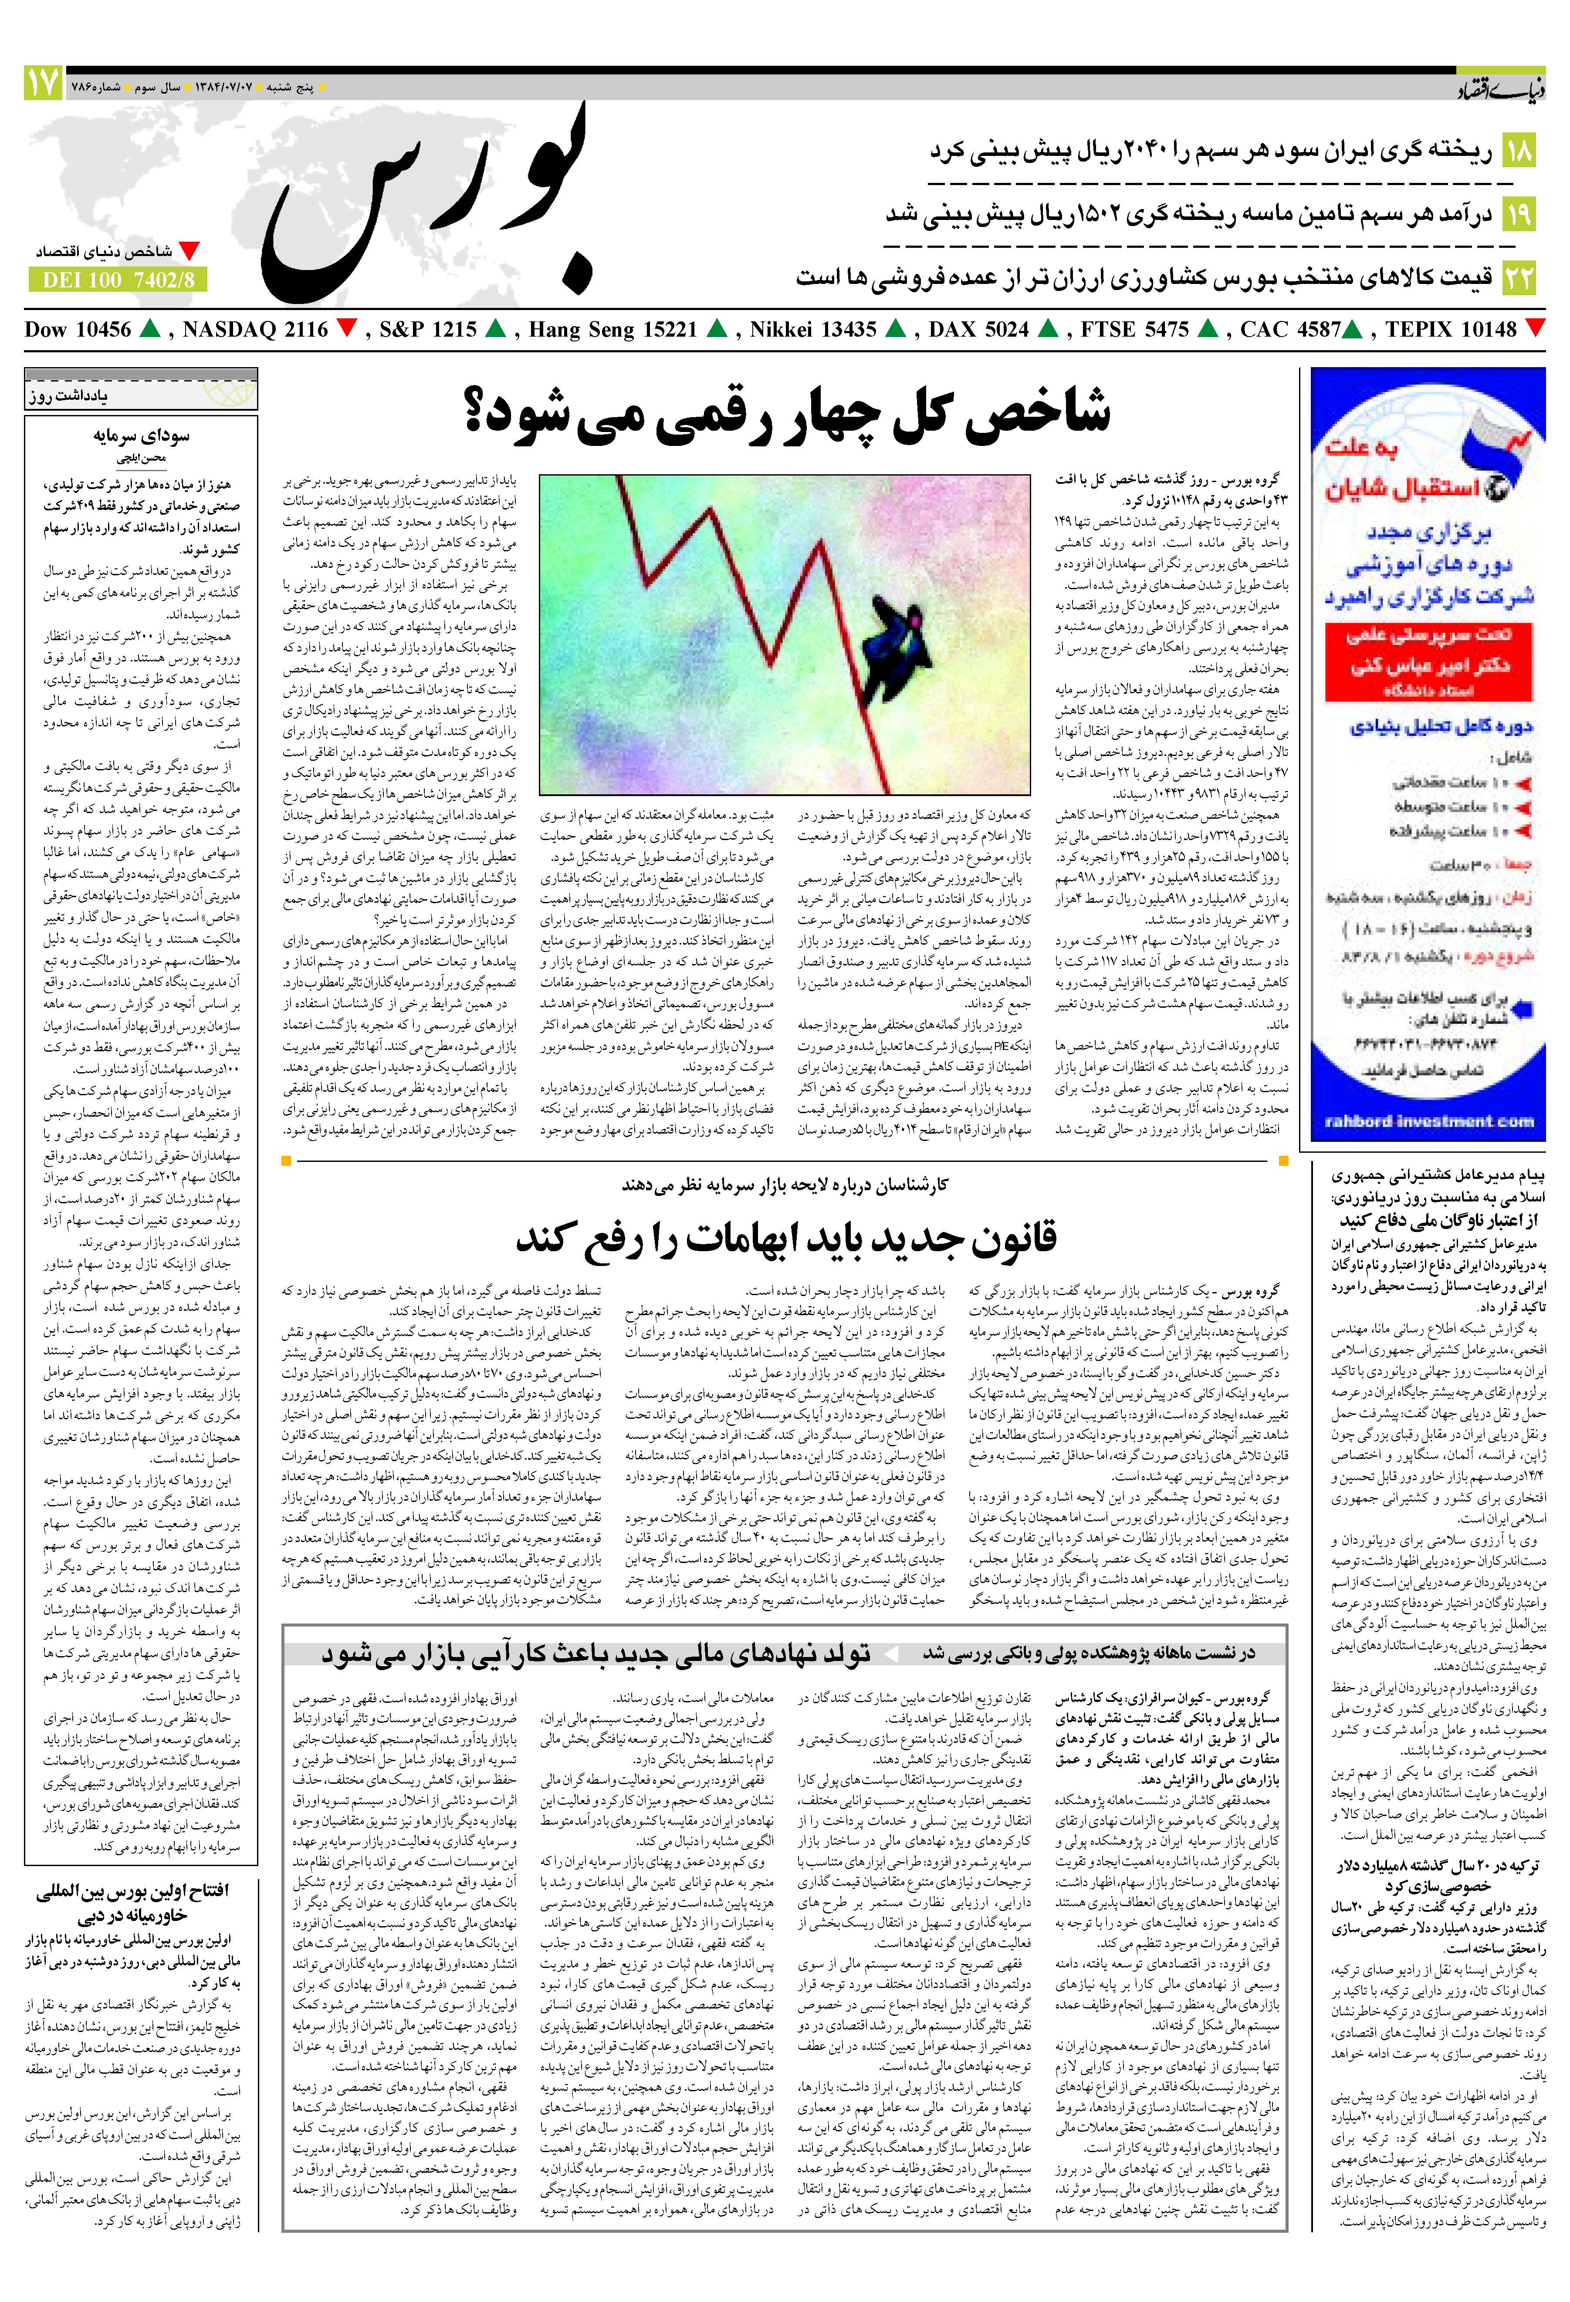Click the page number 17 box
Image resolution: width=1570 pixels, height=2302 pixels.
click(x=43, y=82)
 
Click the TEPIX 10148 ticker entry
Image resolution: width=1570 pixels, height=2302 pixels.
click(x=1451, y=330)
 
